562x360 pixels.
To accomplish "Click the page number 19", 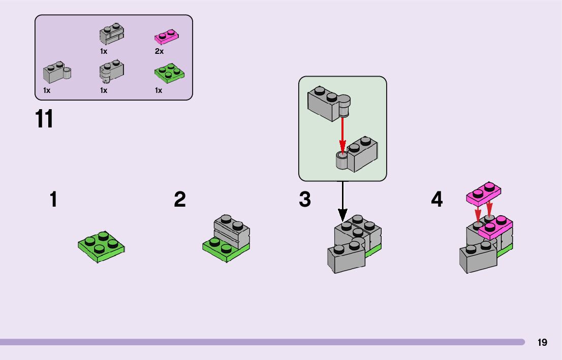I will (542, 342).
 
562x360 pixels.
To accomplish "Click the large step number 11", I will (44, 120).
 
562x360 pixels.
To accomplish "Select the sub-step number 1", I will (53, 200).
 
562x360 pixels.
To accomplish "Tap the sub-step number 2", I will (180, 200).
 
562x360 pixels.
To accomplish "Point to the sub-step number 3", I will (305, 200).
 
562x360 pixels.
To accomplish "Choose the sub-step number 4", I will (437, 200).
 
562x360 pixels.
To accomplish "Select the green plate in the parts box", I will (169, 74).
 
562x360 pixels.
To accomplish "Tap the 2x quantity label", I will (159, 51).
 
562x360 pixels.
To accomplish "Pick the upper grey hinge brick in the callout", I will (328, 103).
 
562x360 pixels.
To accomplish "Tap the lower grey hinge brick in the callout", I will (357, 155).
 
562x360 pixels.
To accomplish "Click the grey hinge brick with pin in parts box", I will (56, 74).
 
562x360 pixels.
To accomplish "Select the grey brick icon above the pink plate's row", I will (112, 35).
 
